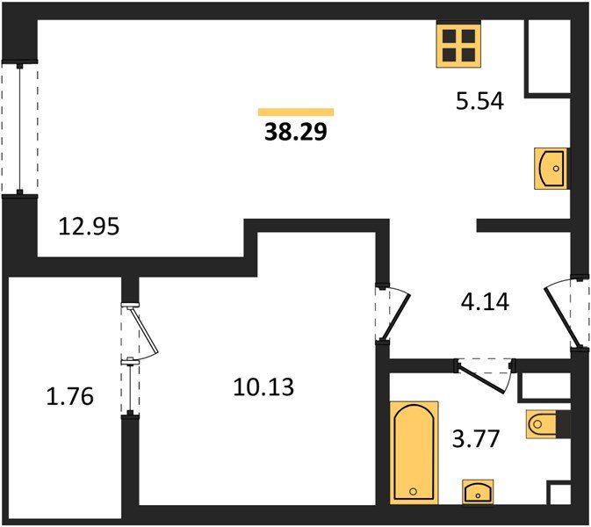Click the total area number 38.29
(295, 134)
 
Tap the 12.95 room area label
(89, 227)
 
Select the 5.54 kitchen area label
(479, 103)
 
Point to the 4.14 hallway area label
(485, 304)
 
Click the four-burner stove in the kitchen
(458, 44)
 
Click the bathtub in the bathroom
(414, 451)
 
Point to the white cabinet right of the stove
(547, 56)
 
